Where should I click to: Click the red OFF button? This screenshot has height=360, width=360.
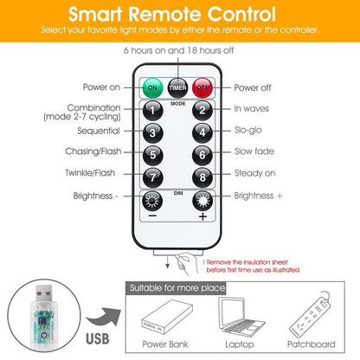pos(202,87)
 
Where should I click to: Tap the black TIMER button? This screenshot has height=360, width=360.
pos(177,87)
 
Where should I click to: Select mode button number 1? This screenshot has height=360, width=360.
pos(153,111)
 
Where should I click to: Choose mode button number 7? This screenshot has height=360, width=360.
pos(153,177)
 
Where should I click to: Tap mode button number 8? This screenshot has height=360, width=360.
pos(202,177)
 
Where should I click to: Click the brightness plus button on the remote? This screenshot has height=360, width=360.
pos(202,201)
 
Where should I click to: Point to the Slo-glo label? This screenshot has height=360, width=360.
pos(248,130)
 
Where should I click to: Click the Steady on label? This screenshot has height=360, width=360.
pos(255,173)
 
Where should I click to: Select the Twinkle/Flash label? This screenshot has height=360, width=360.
pos(90,173)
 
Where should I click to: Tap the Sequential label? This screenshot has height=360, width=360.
pos(99,131)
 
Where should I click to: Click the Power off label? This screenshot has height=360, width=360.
pos(253,87)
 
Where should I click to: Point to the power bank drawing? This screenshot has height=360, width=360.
pos(167,317)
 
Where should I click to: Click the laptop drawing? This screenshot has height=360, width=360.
pos(241,318)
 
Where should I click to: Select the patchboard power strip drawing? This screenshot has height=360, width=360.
pos(310,315)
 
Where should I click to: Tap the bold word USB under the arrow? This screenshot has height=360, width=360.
pos(98,339)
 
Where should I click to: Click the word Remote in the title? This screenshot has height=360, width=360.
pos(165,14)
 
